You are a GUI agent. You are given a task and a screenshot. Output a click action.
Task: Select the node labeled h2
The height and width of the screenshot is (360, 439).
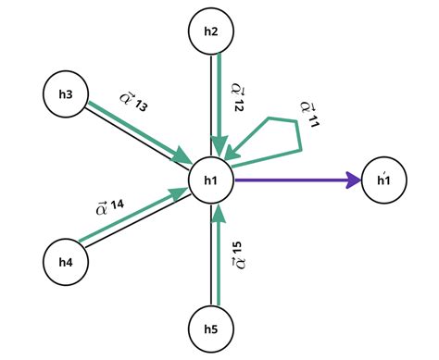click(210, 32)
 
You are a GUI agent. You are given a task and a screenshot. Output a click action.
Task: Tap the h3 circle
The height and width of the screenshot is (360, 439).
click(67, 93)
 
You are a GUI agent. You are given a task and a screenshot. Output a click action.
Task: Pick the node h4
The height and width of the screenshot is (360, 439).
click(66, 261)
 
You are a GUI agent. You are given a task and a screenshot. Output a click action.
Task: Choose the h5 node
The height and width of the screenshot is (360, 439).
click(210, 328)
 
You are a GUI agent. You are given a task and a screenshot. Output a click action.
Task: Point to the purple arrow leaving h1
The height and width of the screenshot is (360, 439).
click(296, 180)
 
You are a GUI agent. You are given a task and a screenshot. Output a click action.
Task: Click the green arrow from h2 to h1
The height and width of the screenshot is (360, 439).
click(220, 102)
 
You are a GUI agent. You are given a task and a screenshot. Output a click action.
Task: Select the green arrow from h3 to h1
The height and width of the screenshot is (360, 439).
click(139, 132)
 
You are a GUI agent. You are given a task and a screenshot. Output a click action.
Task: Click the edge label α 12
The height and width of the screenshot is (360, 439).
click(237, 98)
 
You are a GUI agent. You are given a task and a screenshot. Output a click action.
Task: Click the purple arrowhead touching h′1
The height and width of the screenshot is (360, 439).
click(356, 180)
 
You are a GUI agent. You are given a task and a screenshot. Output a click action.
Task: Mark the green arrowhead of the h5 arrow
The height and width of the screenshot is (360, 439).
click(218, 214)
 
